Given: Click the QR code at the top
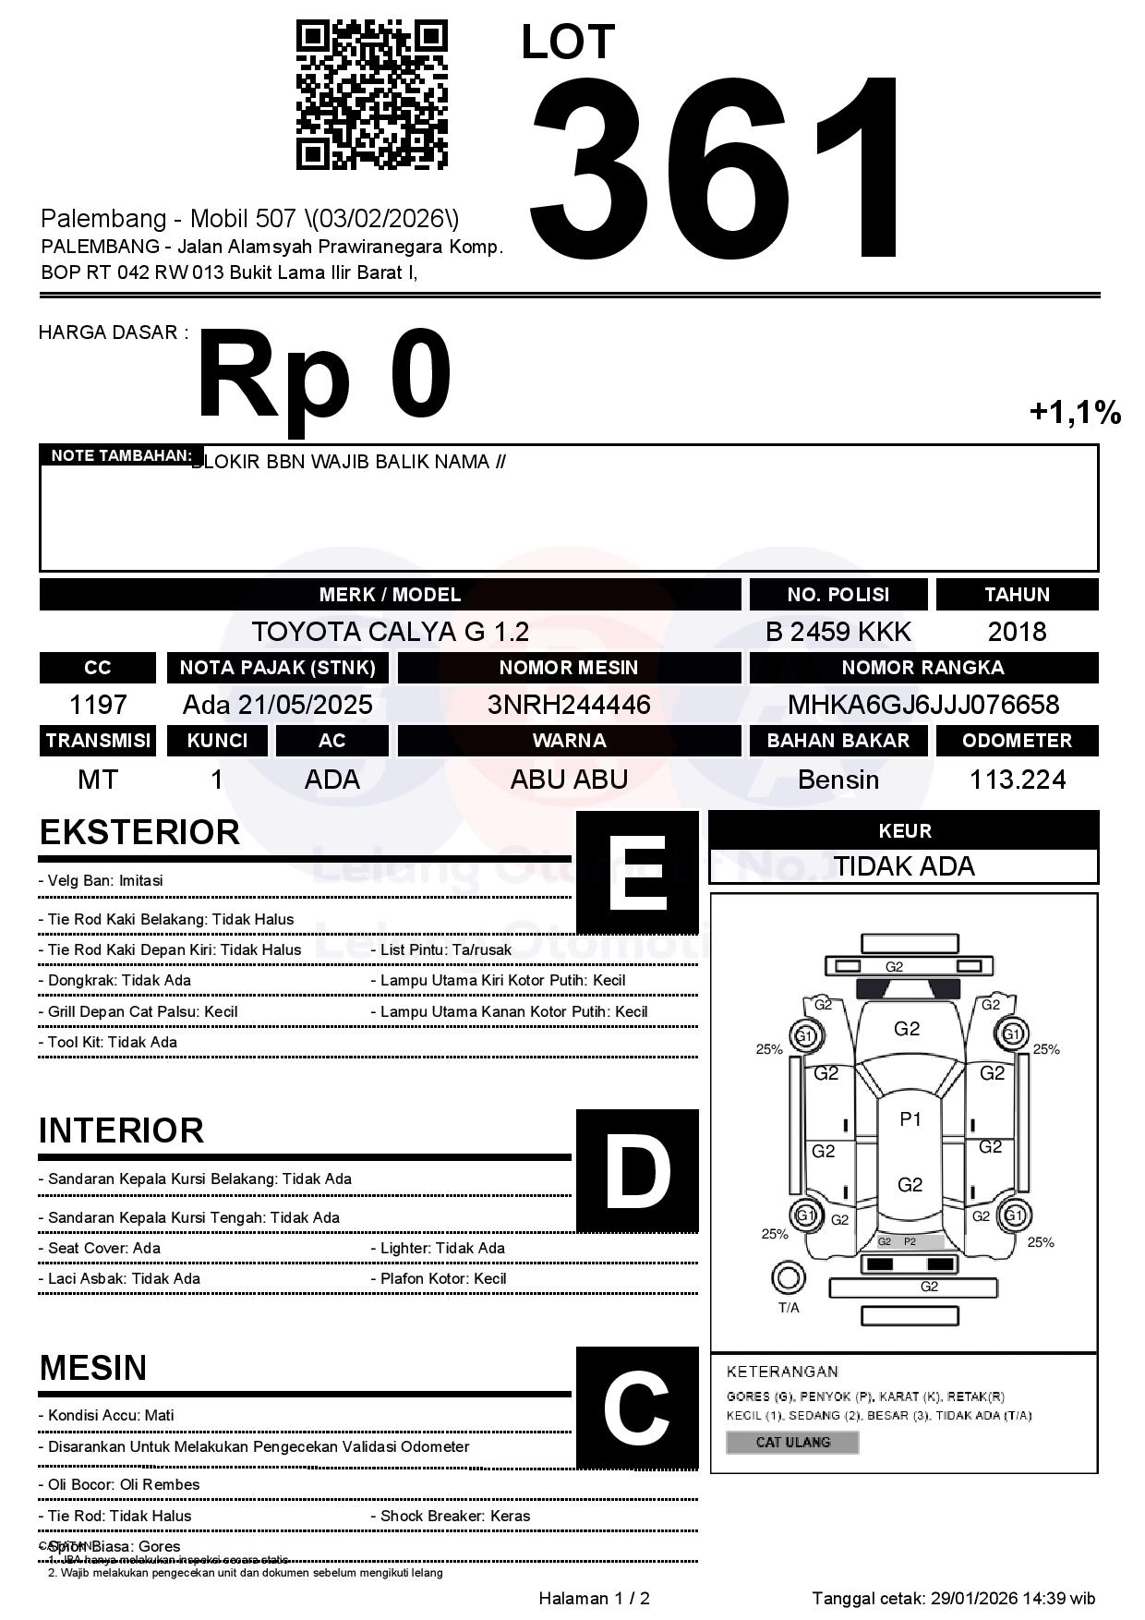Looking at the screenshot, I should tap(371, 95).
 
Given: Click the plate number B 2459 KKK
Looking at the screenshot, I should tap(838, 632).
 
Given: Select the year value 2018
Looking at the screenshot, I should tap(1017, 632).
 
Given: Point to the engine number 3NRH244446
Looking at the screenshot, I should tap(569, 705).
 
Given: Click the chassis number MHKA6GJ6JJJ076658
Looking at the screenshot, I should tap(923, 705).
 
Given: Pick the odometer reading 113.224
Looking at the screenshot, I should tap(1017, 780).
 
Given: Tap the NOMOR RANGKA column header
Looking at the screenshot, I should tap(923, 668).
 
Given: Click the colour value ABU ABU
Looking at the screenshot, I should tap(569, 780).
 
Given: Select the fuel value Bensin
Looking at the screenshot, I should tap(838, 780).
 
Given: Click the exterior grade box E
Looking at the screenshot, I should tap(637, 872).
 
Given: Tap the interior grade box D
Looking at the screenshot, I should tap(637, 1170).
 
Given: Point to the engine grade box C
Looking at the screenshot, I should tap(637, 1408).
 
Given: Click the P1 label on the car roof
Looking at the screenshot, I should tap(910, 1119).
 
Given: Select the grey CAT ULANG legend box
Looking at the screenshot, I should tap(792, 1442).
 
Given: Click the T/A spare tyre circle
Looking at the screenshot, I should tap(788, 1278).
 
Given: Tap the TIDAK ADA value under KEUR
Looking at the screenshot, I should tap(904, 866).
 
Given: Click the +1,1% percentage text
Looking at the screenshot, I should tap(1075, 412).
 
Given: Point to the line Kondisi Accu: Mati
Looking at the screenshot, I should tap(106, 1415).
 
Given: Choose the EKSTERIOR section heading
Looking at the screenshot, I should tap(139, 832).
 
